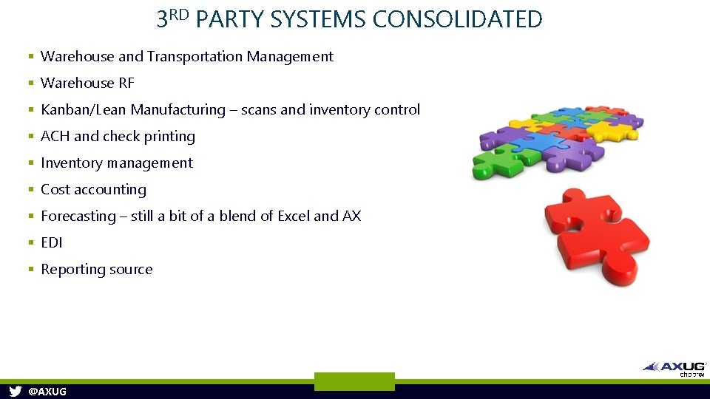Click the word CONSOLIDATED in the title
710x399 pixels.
click(x=457, y=19)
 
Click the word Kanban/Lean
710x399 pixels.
click(x=84, y=110)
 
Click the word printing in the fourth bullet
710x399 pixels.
click(x=169, y=137)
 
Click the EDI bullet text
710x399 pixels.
click(x=52, y=243)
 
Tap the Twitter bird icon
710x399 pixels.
click(x=15, y=392)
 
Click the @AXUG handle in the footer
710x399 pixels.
click(x=47, y=392)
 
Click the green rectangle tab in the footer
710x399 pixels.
click(x=354, y=381)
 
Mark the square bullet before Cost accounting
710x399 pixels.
click(x=31, y=190)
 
